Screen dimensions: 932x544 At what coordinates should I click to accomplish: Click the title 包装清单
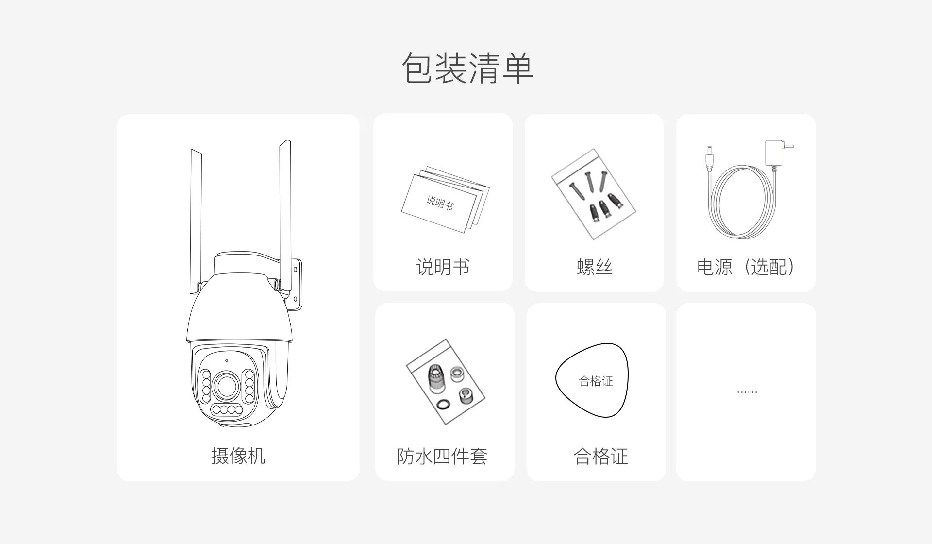point(467,68)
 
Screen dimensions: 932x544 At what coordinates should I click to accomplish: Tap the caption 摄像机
point(238,456)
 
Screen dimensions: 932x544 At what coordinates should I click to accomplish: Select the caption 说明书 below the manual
point(443,267)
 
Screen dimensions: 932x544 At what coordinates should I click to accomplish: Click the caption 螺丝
point(595,267)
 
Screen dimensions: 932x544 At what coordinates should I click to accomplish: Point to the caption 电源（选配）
point(746,267)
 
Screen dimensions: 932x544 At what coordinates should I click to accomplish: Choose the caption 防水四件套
point(442,456)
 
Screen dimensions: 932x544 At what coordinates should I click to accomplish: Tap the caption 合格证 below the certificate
point(601,456)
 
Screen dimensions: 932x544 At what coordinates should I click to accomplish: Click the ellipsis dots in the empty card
point(747,392)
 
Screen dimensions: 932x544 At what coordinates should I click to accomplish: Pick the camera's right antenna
point(285,214)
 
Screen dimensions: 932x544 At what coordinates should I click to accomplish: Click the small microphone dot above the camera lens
point(226,360)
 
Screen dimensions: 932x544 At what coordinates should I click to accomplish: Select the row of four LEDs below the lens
point(227,410)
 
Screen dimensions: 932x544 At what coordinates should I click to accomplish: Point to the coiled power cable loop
point(742,202)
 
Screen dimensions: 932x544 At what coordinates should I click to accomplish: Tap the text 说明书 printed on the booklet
point(440,203)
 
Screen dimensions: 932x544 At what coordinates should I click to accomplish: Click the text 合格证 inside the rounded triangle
point(596,381)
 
